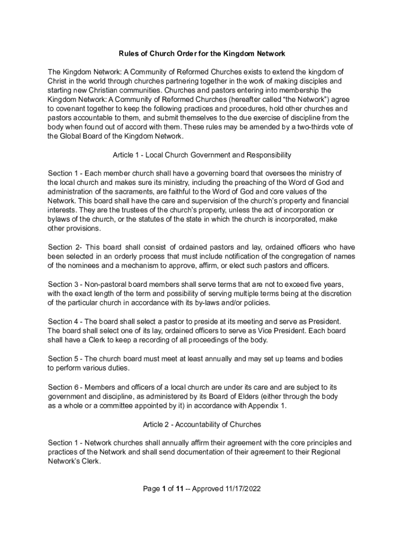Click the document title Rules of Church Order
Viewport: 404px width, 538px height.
click(x=201, y=54)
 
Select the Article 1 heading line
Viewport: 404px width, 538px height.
click(x=201, y=155)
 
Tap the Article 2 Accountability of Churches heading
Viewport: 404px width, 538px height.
click(x=201, y=424)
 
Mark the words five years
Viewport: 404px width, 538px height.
click(x=326, y=284)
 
